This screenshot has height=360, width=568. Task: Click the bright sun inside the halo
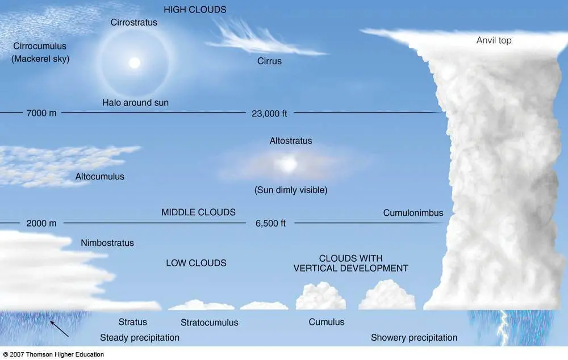[x=135, y=62]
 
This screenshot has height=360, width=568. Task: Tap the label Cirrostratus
[x=133, y=23]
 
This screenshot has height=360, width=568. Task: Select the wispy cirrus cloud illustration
[x=266, y=39]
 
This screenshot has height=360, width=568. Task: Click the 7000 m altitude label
[x=41, y=113]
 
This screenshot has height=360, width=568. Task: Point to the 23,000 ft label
[x=269, y=114]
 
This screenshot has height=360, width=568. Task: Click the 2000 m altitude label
[x=41, y=224]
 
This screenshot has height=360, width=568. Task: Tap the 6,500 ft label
[x=270, y=224]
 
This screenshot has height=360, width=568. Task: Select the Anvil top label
[x=494, y=40]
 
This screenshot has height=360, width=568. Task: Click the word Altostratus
[x=290, y=141]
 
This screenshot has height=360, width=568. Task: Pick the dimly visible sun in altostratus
[x=288, y=165]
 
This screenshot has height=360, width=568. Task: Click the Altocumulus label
[x=99, y=177]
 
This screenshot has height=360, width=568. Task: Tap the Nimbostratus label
[x=107, y=243]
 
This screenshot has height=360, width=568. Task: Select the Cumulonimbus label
[x=413, y=213]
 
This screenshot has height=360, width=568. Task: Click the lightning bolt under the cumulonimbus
[x=503, y=328]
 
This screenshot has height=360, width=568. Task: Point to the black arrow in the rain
[x=59, y=329]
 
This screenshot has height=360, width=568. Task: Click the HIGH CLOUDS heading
[x=195, y=10]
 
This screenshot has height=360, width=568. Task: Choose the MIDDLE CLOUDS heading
[x=198, y=212]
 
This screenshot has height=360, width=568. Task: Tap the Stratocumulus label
[x=210, y=323]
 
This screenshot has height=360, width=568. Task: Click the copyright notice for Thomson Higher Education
[x=53, y=354]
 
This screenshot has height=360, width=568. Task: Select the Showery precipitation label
[x=414, y=338]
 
